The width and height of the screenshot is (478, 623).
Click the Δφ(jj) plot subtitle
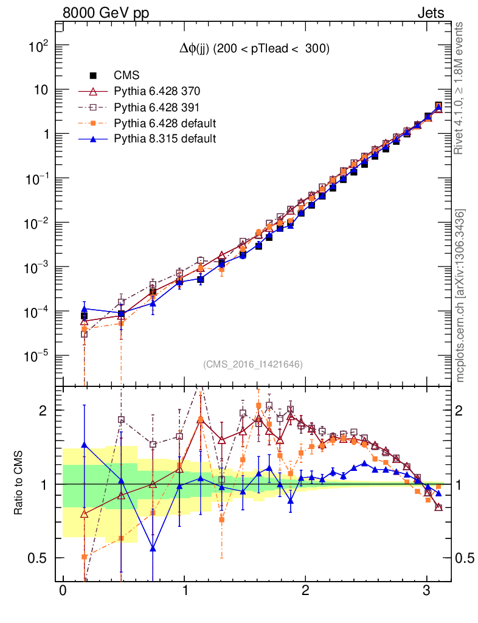coord(254,50)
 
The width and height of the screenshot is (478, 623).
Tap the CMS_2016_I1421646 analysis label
coord(253,364)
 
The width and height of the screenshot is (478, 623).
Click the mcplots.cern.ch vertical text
coord(460,295)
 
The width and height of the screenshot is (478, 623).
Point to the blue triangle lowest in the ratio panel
coord(153,549)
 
